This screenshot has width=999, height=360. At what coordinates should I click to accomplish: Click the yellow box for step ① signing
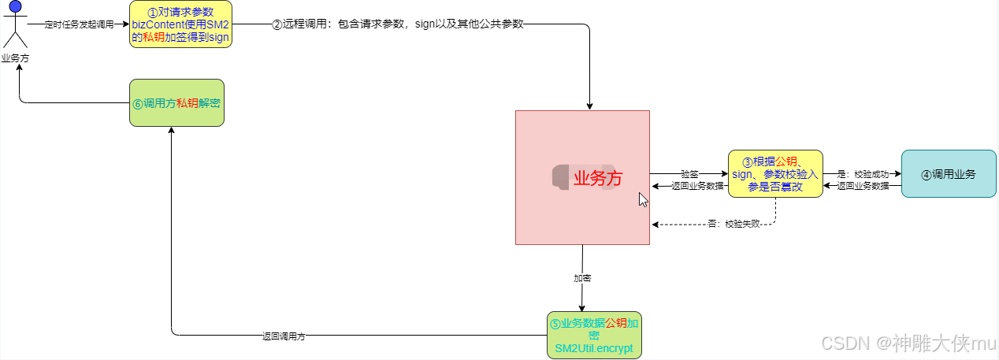[180, 24]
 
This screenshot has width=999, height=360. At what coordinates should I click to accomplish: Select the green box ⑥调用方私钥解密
[176, 102]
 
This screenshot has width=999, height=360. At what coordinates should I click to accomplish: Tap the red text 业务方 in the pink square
[598, 178]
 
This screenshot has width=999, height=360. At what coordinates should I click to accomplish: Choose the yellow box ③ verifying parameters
[775, 173]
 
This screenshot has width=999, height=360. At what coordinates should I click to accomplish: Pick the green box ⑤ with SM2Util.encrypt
[594, 335]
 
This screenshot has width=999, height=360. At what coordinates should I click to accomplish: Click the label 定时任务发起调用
[74, 24]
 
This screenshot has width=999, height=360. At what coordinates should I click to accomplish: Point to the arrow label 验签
[689, 173]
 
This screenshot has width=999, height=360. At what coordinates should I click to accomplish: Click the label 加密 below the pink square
[582, 278]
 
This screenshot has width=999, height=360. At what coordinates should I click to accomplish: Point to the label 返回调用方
[284, 336]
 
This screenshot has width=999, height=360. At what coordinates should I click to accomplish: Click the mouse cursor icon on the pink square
[643, 199]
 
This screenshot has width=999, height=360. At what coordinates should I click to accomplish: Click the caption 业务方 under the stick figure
[14, 58]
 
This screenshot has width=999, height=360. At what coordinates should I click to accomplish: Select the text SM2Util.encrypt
[593, 347]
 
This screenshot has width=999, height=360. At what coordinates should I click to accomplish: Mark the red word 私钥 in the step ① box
[154, 37]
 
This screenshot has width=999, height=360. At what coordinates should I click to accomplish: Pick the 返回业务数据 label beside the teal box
[863, 187]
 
